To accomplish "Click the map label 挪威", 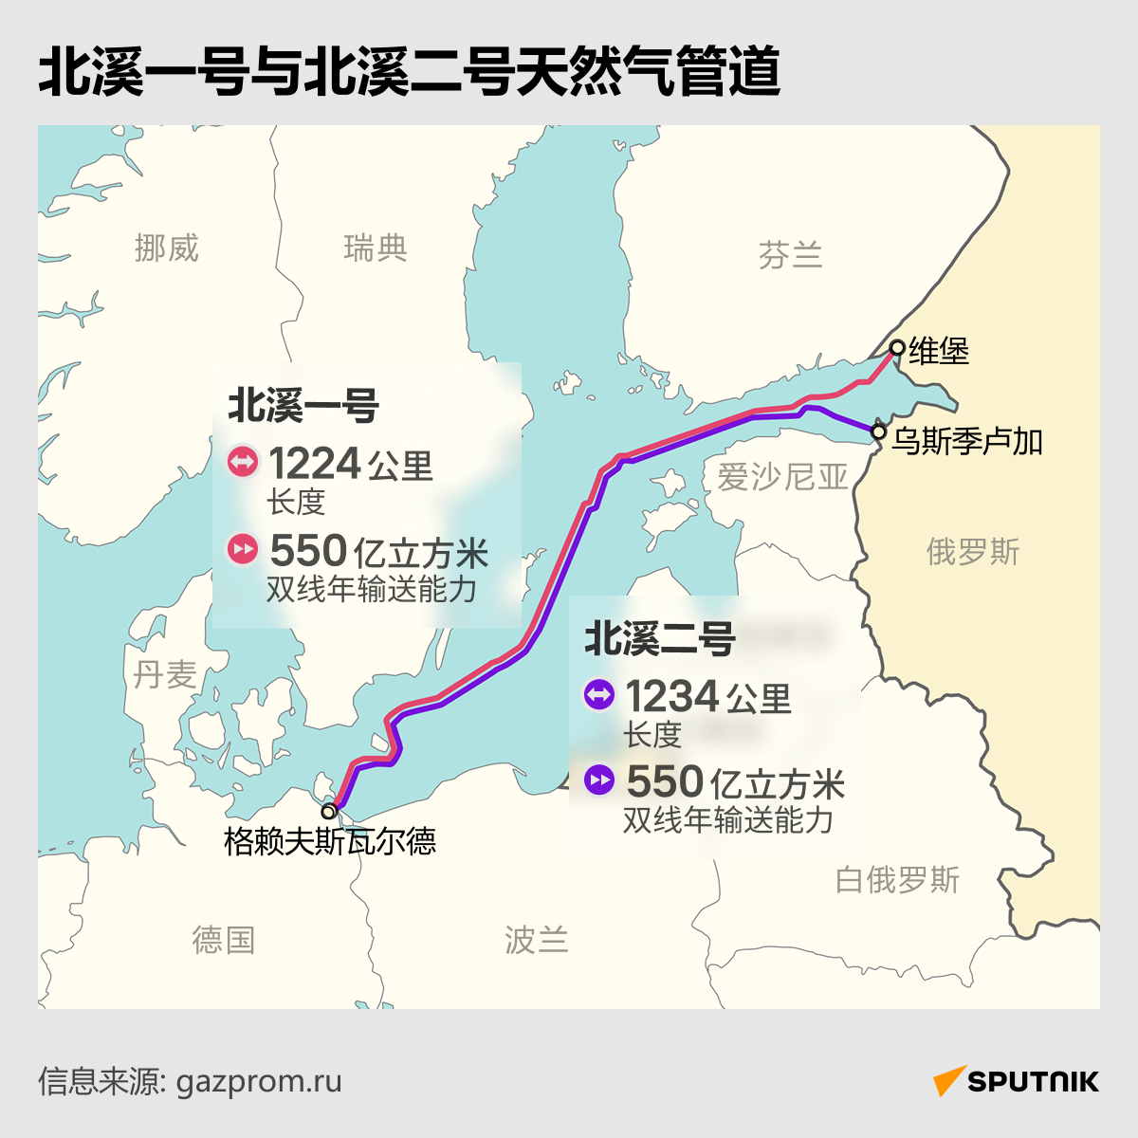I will (x=167, y=248).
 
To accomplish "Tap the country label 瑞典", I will (x=376, y=248).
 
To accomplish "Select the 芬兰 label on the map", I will (x=790, y=255).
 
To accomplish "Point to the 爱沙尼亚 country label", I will (x=782, y=476).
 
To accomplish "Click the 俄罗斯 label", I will (x=973, y=551).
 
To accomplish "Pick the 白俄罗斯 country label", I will (x=897, y=880).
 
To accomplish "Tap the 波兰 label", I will (x=536, y=940).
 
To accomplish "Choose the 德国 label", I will (x=224, y=940).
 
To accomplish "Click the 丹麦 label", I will (x=165, y=674).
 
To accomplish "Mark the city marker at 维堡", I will (x=896, y=347).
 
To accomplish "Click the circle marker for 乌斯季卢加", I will (x=878, y=432).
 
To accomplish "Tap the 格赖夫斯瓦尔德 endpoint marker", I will (x=328, y=812).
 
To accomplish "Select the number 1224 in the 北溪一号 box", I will (x=314, y=464).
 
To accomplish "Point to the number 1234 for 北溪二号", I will (x=671, y=696).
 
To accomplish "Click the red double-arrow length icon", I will (x=243, y=463).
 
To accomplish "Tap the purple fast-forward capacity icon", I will (x=599, y=780).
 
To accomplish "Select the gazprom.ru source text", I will (x=259, y=1081).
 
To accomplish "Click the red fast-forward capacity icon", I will (x=243, y=549).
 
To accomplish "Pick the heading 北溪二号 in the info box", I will (x=659, y=638).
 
